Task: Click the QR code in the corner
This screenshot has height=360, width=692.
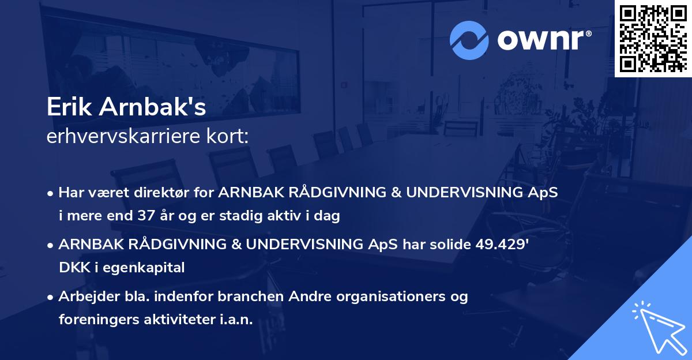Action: [653, 38]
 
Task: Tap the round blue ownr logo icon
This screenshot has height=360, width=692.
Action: [469, 40]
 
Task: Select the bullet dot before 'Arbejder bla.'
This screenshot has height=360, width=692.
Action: [51, 298]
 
